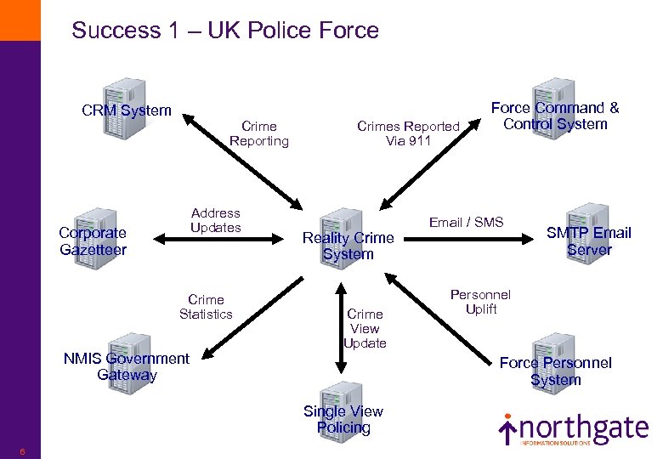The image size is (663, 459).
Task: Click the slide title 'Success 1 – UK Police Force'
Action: coord(225,31)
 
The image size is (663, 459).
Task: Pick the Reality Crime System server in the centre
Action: coord(347,233)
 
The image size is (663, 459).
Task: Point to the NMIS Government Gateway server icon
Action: coord(127,359)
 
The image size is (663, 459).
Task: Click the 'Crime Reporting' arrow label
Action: coord(259,133)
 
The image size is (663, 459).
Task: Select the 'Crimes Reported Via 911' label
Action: coord(408,133)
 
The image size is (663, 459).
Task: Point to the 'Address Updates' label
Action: coord(215,220)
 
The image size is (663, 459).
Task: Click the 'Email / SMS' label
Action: coord(466,223)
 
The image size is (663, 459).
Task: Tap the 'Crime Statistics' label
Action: coord(206,307)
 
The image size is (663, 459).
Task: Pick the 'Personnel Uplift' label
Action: coord(480,302)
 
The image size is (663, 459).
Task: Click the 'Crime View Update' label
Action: coord(365,329)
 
